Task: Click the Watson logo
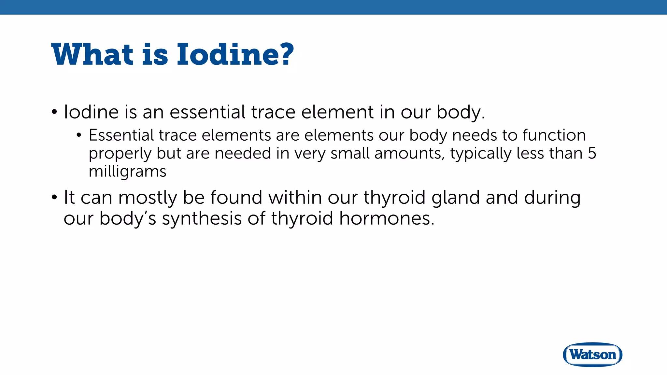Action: (592, 354)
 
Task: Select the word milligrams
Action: (127, 172)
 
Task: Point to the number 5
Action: (592, 153)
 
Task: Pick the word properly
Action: (120, 154)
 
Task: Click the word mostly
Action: (148, 198)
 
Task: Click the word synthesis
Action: (202, 219)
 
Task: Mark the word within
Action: (295, 198)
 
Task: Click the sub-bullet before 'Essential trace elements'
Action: (79, 135)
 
